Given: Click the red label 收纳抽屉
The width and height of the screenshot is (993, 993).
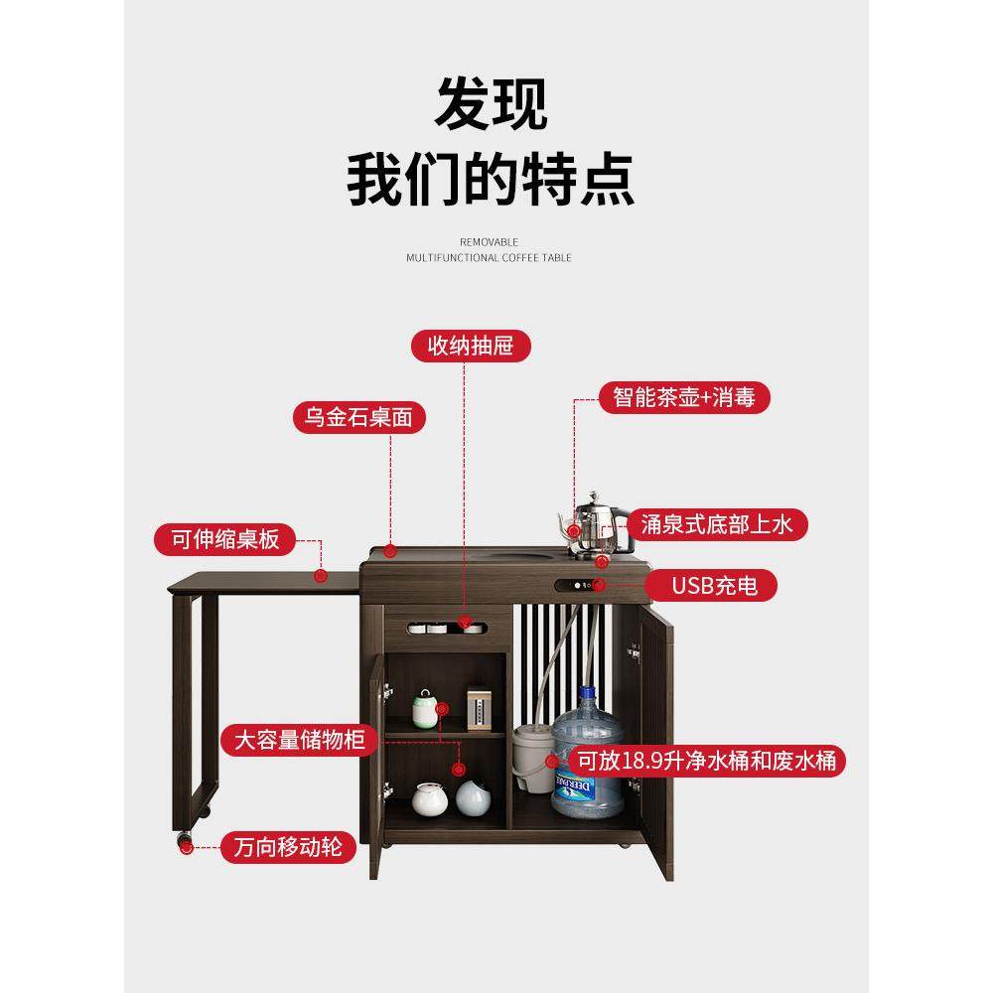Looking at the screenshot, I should click(472, 346).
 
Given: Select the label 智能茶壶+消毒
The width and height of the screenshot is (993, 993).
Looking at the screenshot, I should click(685, 397).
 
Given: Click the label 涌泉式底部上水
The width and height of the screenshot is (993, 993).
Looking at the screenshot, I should click(714, 523).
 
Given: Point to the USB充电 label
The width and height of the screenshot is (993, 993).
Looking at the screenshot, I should click(713, 585).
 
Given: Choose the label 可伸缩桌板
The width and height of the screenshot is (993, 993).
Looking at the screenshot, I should click(224, 539).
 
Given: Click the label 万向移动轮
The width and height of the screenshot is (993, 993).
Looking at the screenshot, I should click(288, 847).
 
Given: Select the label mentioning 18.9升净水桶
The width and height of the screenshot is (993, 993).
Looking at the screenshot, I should click(709, 762).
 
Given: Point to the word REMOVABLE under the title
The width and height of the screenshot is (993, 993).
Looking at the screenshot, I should click(489, 241).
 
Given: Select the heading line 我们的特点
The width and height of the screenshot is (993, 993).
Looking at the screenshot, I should click(491, 179).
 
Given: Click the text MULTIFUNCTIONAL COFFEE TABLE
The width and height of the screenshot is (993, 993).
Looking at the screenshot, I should click(489, 258).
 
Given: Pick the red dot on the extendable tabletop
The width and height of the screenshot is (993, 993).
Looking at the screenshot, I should click(321, 575).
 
